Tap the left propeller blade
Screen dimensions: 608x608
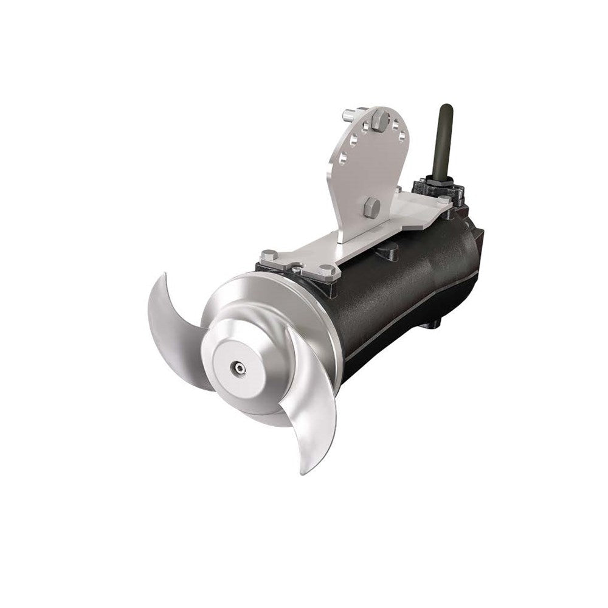tap(173, 328)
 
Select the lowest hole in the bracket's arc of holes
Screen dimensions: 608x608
tap(344, 159)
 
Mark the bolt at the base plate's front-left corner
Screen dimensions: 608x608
tap(269, 255)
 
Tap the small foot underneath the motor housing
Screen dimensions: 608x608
tap(430, 323)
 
